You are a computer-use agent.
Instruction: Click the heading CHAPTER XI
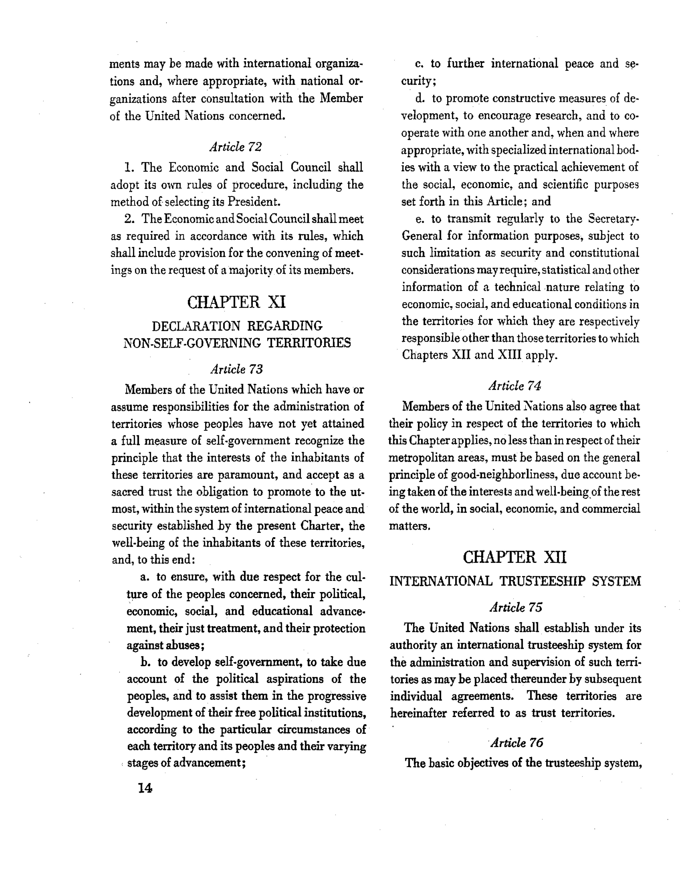[237, 302]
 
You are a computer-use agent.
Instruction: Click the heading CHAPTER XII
[514, 557]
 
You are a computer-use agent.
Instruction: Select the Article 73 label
[237, 369]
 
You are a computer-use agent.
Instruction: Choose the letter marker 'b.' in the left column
[146, 662]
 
